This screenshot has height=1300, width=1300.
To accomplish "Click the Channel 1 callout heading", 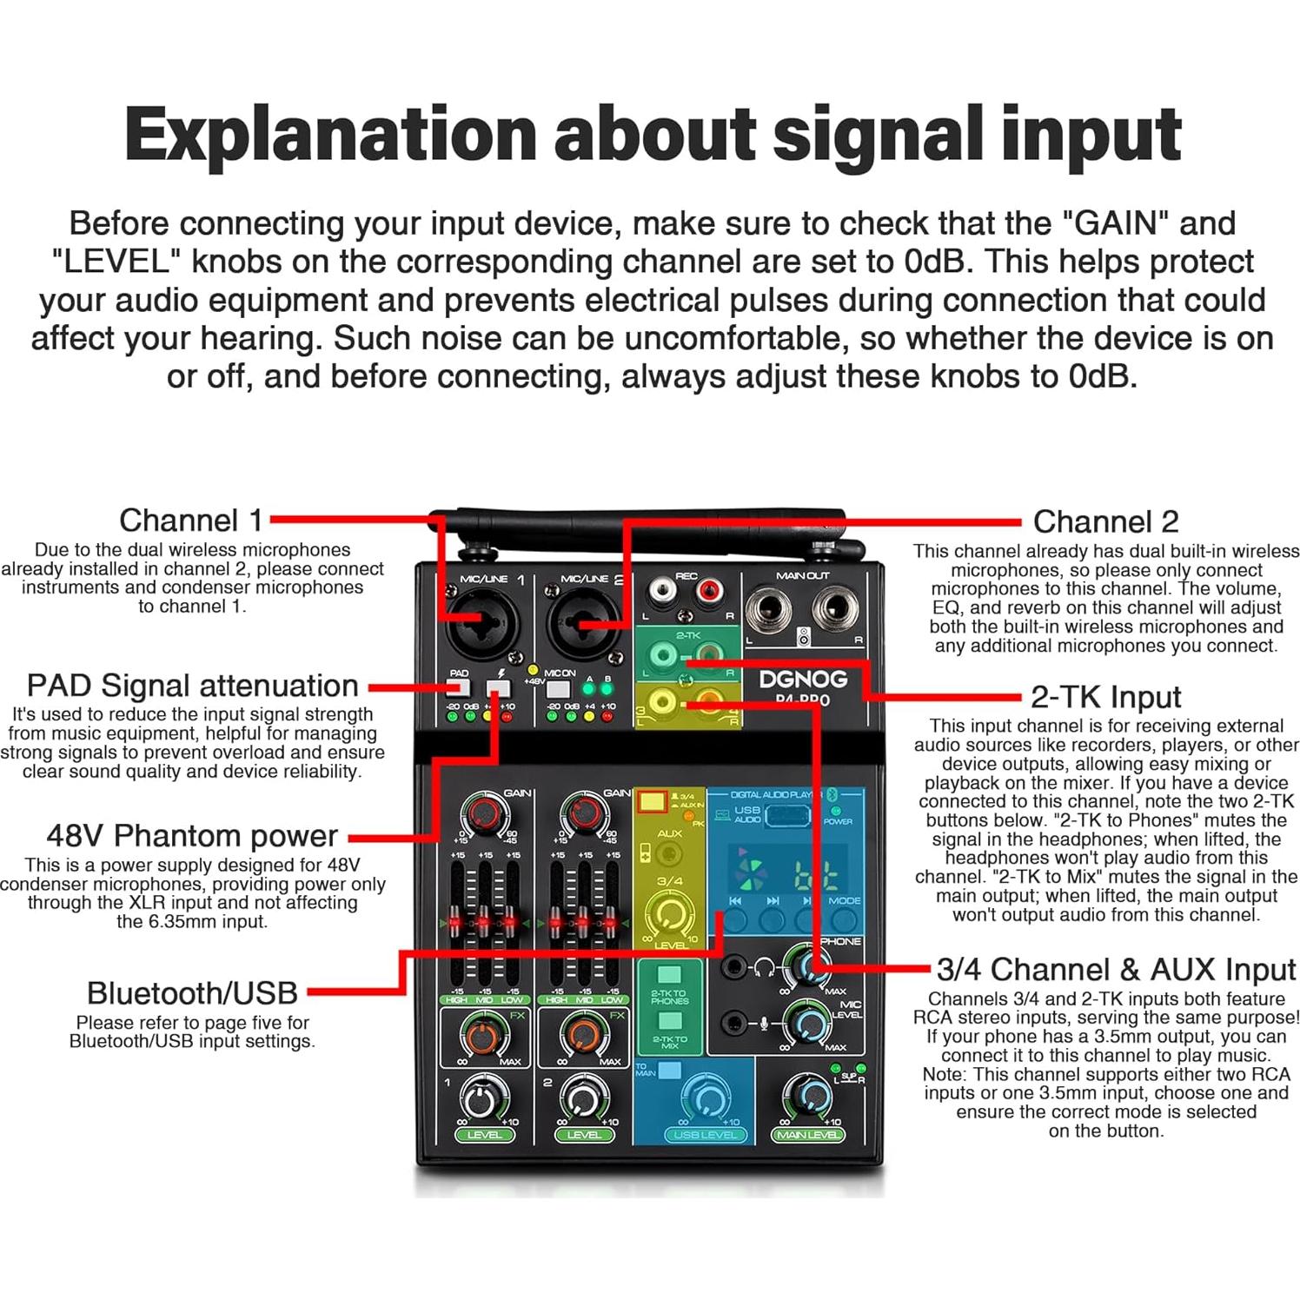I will pyautogui.click(x=190, y=521).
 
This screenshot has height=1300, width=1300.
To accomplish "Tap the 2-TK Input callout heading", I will pyautogui.click(x=1105, y=697).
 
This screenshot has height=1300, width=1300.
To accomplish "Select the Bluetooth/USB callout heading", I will pyautogui.click(x=192, y=992).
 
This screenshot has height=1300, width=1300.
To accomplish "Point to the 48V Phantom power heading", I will pyautogui.click(x=192, y=835).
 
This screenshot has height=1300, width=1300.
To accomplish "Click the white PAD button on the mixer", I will pyautogui.click(x=458, y=688).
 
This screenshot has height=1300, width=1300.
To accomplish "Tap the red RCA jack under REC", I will pyautogui.click(x=710, y=594).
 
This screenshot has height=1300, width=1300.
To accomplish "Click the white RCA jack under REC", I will pyautogui.click(x=662, y=594).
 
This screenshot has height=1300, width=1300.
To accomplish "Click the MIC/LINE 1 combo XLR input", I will pyautogui.click(x=481, y=620).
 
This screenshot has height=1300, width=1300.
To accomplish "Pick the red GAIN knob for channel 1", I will pyautogui.click(x=483, y=814).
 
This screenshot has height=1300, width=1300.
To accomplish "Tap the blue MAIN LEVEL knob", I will pyautogui.click(x=807, y=1097).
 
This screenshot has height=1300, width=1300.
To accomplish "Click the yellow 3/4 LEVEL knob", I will pyautogui.click(x=670, y=914).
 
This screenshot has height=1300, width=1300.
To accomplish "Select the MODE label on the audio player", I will pyautogui.click(x=844, y=900).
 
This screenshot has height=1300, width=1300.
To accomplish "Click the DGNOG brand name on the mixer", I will pyautogui.click(x=802, y=679).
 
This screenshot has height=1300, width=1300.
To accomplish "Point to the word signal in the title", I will pyautogui.click(x=870, y=134).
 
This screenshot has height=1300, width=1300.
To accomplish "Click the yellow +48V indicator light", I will pyautogui.click(x=533, y=671).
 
